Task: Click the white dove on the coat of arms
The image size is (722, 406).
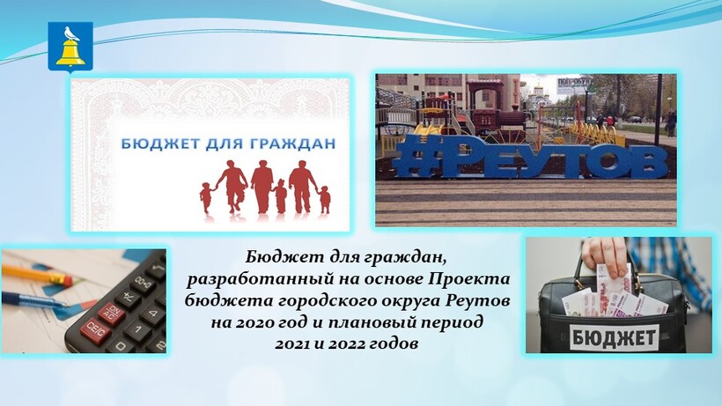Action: pyautogui.click(x=70, y=34)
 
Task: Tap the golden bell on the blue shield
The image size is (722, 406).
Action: pyautogui.click(x=70, y=53)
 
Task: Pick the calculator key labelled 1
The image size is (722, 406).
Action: pyautogui.click(x=136, y=330)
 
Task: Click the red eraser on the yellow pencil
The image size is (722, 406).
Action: pyautogui.click(x=63, y=278)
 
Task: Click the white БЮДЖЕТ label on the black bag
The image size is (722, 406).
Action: pyautogui.click(x=614, y=338)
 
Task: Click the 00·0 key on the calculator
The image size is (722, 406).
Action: pyautogui.click(x=143, y=280)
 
